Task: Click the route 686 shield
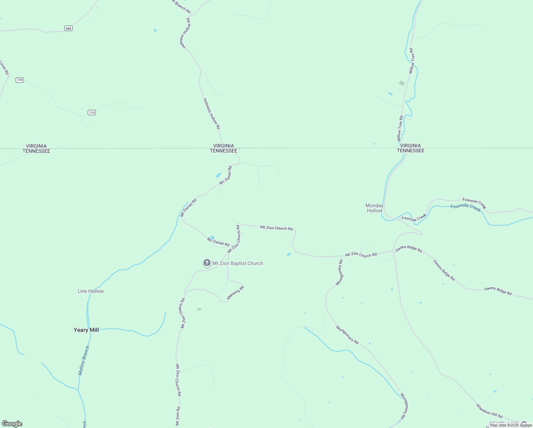click(x=69, y=28)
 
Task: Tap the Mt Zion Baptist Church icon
click(x=207, y=263)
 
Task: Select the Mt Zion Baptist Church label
click(x=238, y=264)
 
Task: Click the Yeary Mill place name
click(x=86, y=330)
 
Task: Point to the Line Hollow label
click(x=91, y=291)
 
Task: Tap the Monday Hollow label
click(x=374, y=208)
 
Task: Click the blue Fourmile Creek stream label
click(x=466, y=208)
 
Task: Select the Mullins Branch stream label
click(x=84, y=360)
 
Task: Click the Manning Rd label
click(x=236, y=293)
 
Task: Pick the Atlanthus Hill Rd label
click(x=489, y=411)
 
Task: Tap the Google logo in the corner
click(x=12, y=424)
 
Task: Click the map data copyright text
click(x=511, y=425)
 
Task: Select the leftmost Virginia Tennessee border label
click(x=36, y=148)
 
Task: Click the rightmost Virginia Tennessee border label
click(x=411, y=148)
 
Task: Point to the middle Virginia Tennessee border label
click(x=223, y=148)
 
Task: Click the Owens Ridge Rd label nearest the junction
click(x=409, y=249)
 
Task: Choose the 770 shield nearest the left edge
click(x=20, y=80)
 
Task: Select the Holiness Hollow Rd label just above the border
click(x=212, y=114)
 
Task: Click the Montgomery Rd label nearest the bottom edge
click(x=404, y=406)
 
